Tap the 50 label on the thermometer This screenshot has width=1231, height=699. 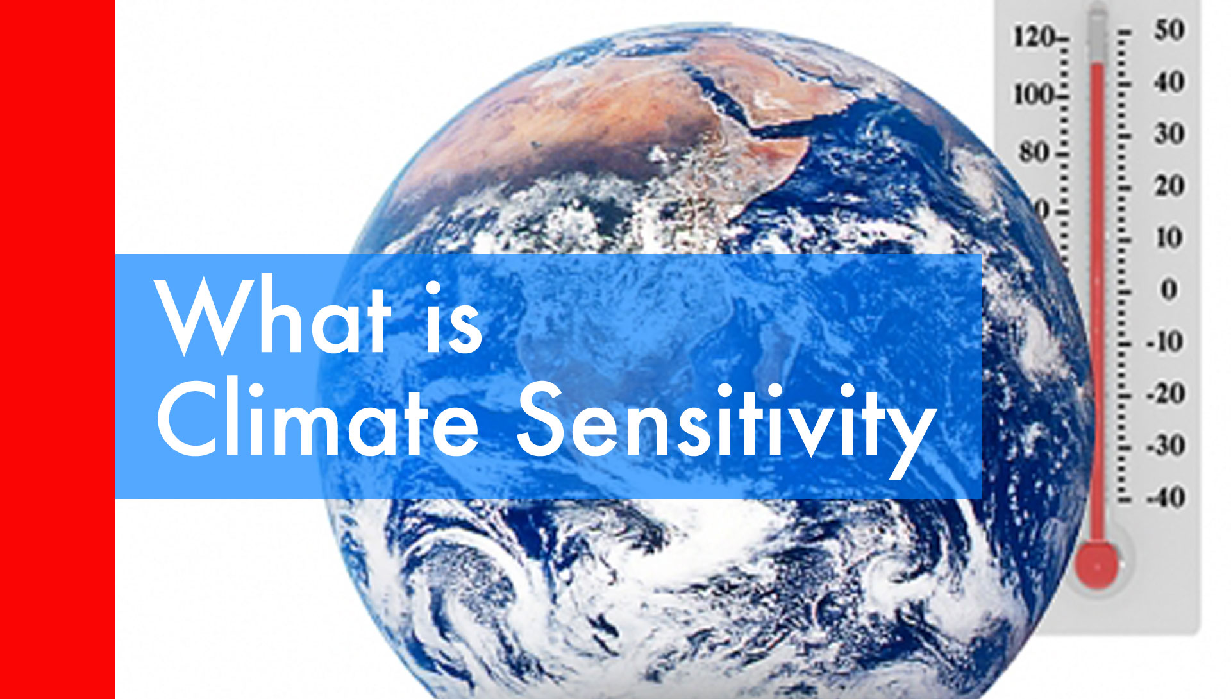(1169, 30)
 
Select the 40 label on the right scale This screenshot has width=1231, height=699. (1169, 82)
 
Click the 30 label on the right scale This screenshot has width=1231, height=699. (1169, 134)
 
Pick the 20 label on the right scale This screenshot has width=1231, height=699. (1169, 186)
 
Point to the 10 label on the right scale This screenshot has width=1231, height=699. (1169, 238)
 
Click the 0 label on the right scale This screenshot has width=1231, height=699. (1169, 290)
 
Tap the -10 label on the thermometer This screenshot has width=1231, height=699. (1165, 342)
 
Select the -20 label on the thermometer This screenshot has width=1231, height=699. (1165, 394)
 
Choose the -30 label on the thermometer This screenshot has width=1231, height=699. (1165, 446)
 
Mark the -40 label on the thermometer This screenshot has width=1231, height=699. (1165, 498)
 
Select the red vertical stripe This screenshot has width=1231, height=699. (58, 349)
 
